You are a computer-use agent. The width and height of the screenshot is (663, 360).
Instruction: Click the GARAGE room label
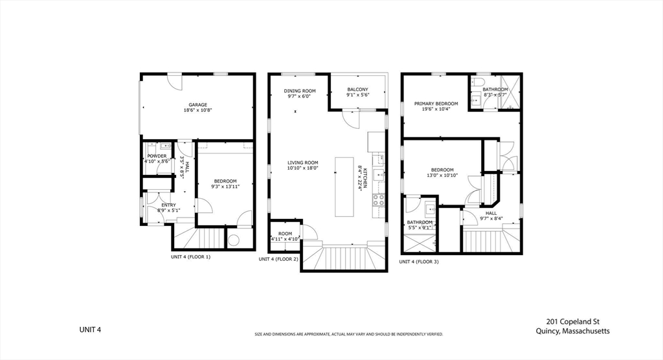197,105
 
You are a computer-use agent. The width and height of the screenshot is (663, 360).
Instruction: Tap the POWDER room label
157,156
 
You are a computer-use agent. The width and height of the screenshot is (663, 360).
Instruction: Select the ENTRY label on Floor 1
168,205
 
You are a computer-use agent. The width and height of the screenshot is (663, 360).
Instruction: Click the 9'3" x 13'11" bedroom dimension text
225,186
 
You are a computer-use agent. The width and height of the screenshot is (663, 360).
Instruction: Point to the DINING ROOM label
300,91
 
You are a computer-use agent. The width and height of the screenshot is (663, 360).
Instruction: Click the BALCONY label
357,89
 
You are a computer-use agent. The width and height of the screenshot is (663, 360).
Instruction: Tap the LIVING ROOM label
303,163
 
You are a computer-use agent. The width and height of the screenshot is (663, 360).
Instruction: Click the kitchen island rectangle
344,186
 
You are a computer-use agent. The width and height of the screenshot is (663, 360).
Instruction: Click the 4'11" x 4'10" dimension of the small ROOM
285,239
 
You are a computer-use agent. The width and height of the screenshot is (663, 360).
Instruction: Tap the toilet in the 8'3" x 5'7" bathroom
478,83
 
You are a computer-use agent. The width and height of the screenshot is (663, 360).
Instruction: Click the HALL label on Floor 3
491,212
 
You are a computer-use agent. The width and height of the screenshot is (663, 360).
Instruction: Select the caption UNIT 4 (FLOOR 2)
278,259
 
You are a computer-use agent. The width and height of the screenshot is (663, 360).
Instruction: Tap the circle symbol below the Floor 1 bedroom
234,240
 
